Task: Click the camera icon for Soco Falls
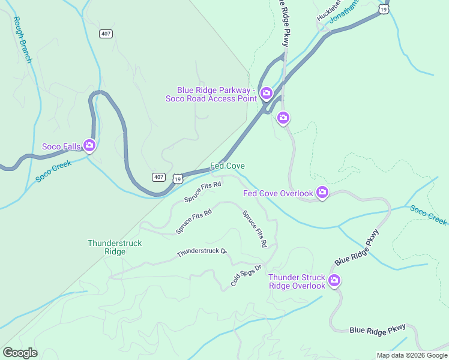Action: click(89, 145)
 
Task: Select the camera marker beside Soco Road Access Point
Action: click(266, 94)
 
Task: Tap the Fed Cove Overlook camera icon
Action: click(322, 192)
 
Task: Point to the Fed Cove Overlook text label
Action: click(278, 193)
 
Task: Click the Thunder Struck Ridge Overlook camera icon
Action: click(334, 280)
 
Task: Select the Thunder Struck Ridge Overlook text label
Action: click(297, 281)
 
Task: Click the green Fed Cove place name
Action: click(227, 166)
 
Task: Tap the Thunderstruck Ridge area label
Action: click(106, 247)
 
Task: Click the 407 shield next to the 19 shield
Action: click(158, 176)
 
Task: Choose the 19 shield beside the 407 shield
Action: click(177, 178)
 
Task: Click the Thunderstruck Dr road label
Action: click(202, 253)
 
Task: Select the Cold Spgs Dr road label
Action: click(247, 275)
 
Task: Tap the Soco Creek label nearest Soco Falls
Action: click(53, 171)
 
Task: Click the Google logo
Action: click(20, 353)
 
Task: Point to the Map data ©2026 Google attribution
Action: click(411, 355)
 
